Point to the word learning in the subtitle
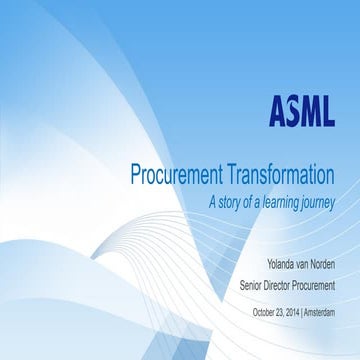coord(286,201)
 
